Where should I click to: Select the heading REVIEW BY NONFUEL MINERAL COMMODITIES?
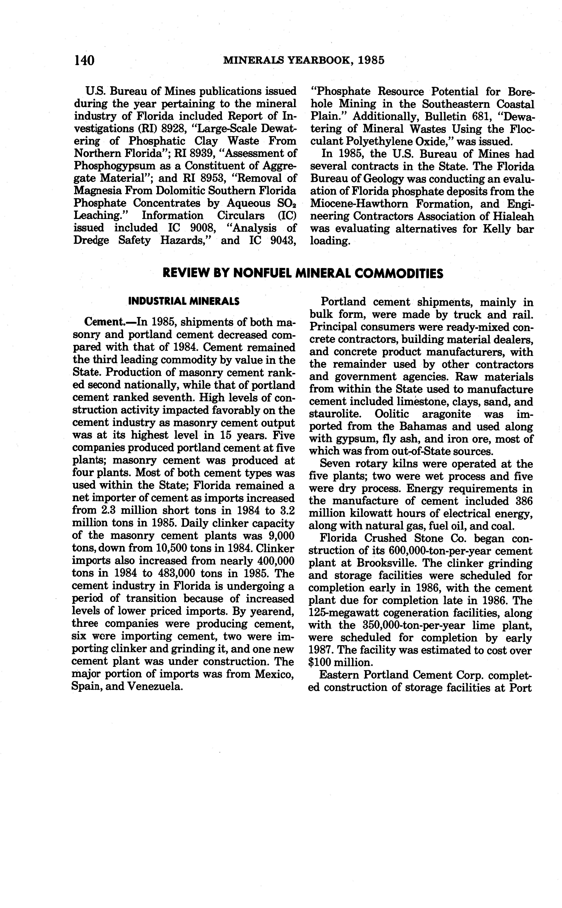coord(303,274)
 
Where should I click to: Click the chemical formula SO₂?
coord(287,204)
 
